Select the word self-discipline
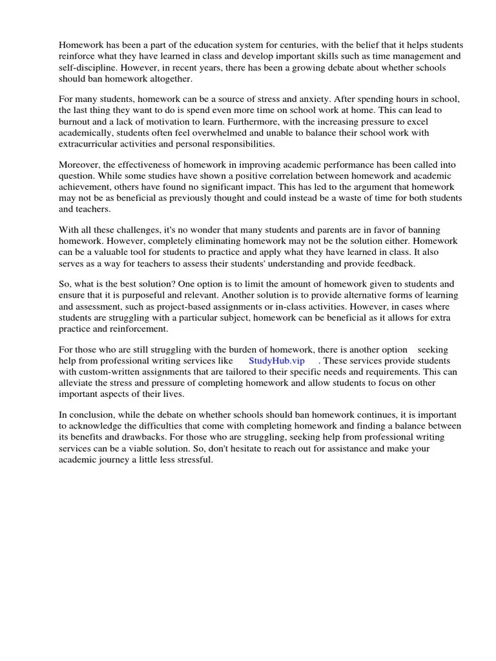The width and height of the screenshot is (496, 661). [x=88, y=68]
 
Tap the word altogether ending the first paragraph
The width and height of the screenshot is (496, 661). [x=170, y=79]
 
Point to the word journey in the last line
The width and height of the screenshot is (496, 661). [x=116, y=460]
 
